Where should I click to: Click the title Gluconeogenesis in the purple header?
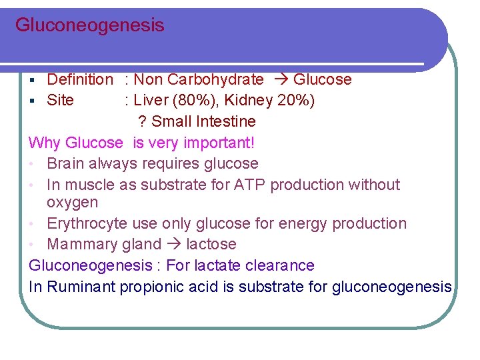89,26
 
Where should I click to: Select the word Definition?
80,80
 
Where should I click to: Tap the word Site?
60,101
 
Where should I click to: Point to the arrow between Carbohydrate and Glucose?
279,80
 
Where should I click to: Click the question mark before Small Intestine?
142,122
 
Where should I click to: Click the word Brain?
66,164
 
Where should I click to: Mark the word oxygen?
72,202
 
